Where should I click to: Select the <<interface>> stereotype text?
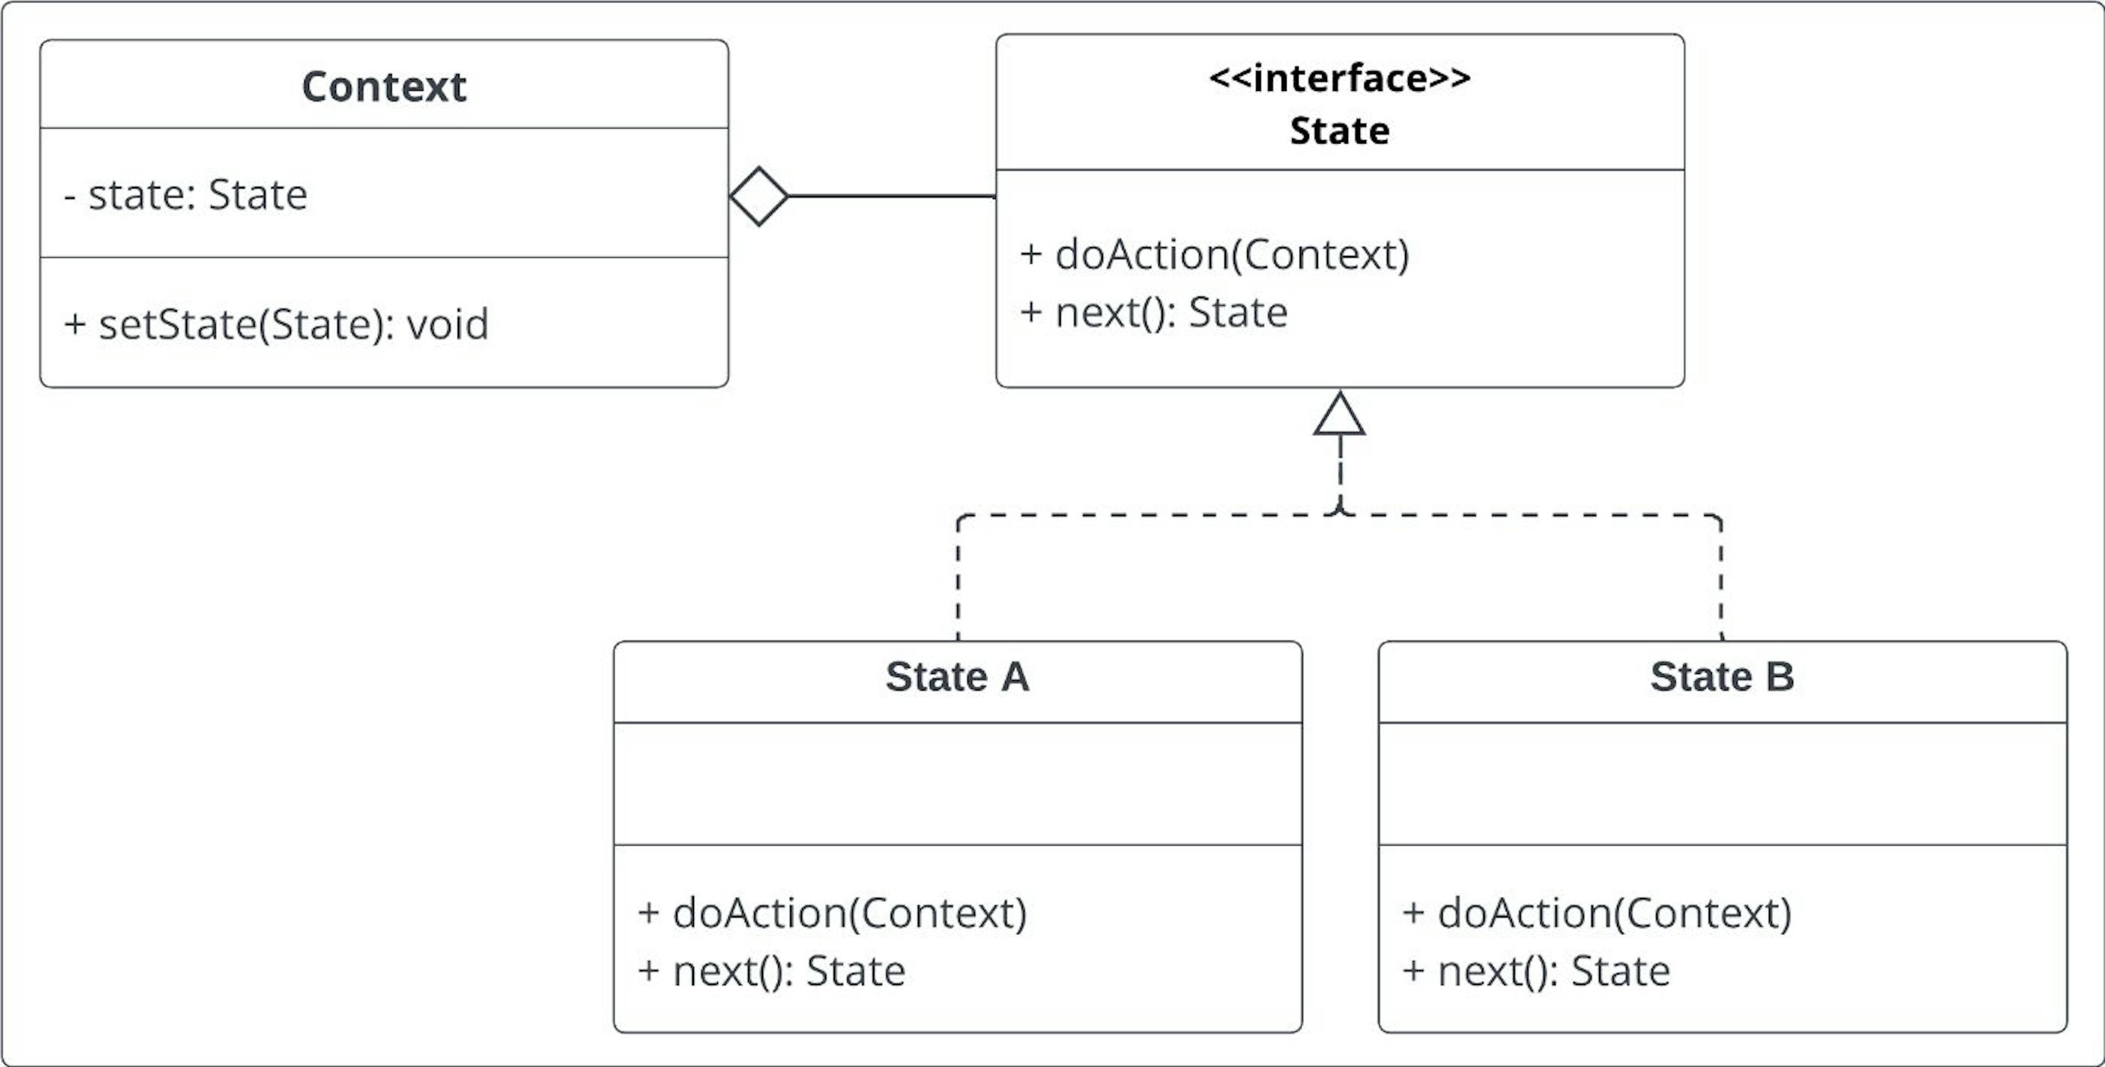pyautogui.click(x=1339, y=78)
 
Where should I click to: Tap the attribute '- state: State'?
pyautogui.click(x=185, y=195)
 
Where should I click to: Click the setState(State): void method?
pyautogui.click(x=276, y=324)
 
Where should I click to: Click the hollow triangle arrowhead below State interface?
pyautogui.click(x=1339, y=415)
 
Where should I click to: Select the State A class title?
pyautogui.click(x=957, y=676)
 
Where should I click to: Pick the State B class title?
pyautogui.click(x=1722, y=676)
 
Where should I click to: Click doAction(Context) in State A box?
pyautogui.click(x=833, y=914)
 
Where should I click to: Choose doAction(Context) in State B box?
pyautogui.click(x=1597, y=914)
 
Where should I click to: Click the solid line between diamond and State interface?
pyautogui.click(x=891, y=197)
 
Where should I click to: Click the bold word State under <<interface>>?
pyautogui.click(x=1339, y=131)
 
